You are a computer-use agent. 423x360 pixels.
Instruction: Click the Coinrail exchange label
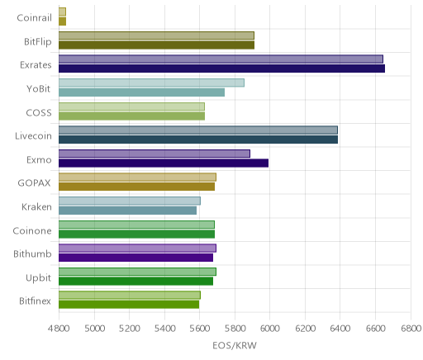[x=34, y=18]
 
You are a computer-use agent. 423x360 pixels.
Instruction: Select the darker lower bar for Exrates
[x=221, y=69]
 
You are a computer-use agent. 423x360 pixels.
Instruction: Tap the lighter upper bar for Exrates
[x=221, y=59]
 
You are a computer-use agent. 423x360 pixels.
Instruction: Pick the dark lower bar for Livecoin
[x=198, y=140]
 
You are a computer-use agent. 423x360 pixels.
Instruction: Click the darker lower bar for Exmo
[x=164, y=163]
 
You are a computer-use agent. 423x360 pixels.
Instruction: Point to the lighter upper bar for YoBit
[x=151, y=83]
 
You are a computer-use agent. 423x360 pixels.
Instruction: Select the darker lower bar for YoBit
[x=141, y=92]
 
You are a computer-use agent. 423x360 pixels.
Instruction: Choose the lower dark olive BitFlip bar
[x=156, y=45]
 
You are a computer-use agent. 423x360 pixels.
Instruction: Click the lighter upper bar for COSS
[x=131, y=107]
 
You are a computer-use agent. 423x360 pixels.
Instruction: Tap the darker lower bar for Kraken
[x=127, y=211]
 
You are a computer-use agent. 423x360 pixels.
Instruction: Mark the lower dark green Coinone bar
[x=136, y=234]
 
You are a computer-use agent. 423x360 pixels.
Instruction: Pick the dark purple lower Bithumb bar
[x=135, y=258]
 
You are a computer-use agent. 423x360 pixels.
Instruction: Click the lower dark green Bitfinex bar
[x=129, y=305]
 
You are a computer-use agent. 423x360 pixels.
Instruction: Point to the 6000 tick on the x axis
[x=269, y=329]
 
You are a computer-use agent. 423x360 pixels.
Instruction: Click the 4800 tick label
[x=59, y=329]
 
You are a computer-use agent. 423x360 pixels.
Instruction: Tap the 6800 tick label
[x=411, y=329]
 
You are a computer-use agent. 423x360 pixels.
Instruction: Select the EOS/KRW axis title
[x=235, y=345]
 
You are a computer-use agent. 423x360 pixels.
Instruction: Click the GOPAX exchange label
[x=35, y=183]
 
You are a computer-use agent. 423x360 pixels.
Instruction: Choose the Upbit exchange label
[x=38, y=278]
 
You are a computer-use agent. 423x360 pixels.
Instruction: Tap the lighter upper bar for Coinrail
[x=62, y=12]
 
